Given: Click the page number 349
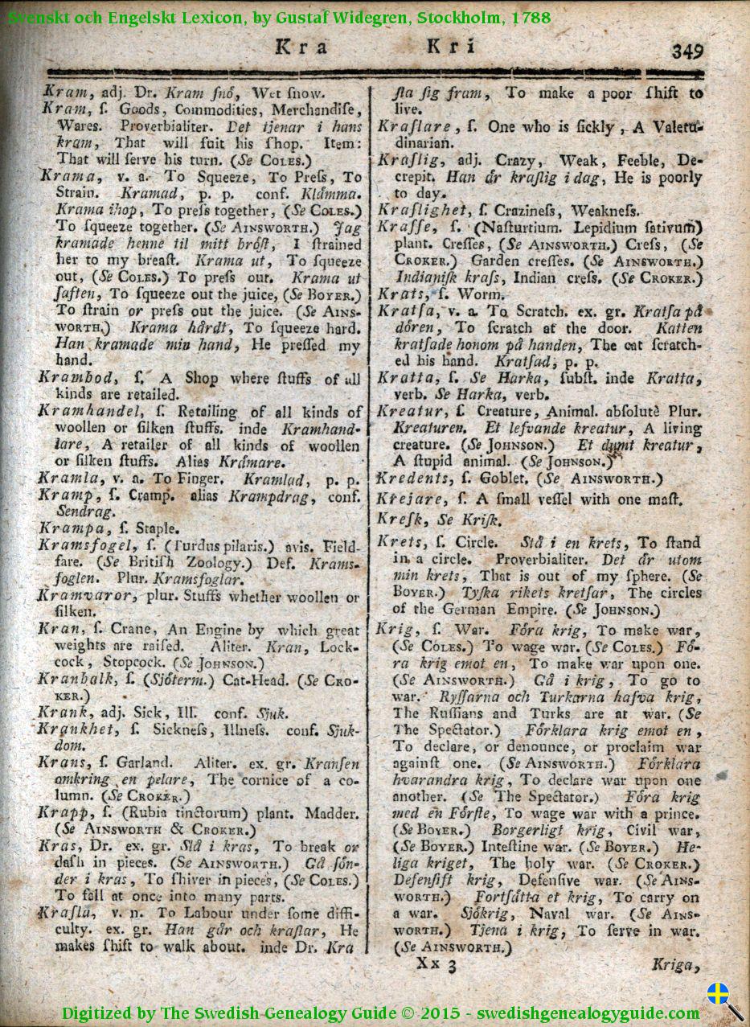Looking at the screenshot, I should pyautogui.click(x=688, y=51).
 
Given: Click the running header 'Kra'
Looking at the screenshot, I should pyautogui.click(x=301, y=47).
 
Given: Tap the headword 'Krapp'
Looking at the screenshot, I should pyautogui.click(x=61, y=813).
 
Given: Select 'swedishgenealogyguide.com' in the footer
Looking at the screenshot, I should pyautogui.click(x=588, y=1013).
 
